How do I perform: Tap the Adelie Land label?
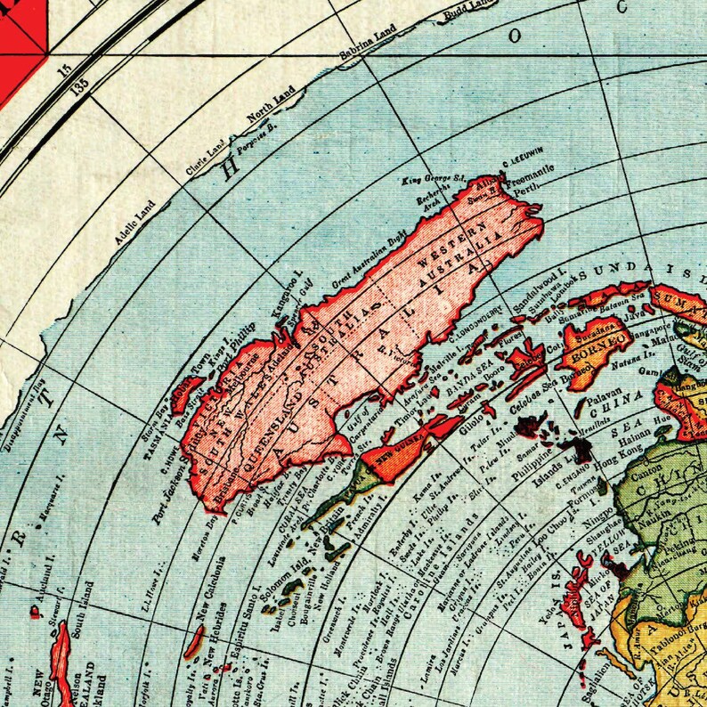click(x=134, y=223)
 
